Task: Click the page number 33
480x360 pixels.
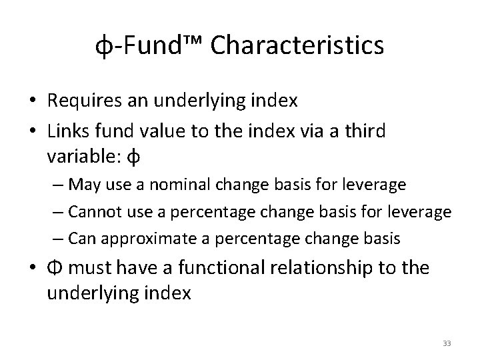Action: pos(447,343)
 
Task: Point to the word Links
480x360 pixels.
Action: pos(67,131)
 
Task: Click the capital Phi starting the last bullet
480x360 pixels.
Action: pos(55,268)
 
